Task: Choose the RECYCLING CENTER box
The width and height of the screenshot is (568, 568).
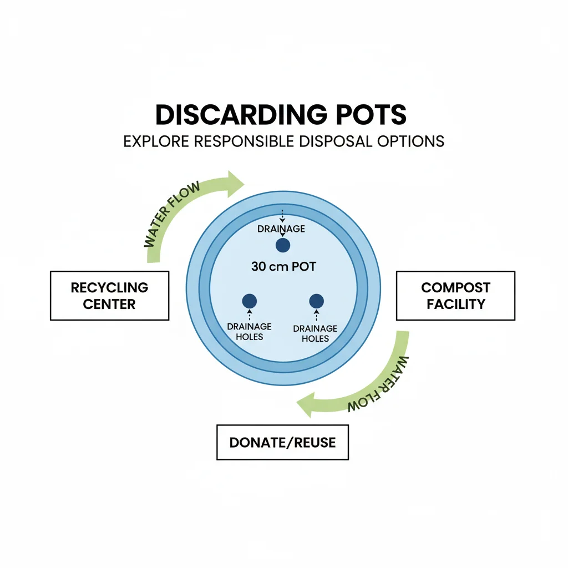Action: [109, 296]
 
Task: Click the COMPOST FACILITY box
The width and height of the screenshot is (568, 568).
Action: [455, 296]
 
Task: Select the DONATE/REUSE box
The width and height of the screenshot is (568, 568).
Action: [282, 442]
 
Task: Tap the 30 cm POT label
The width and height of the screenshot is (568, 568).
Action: [283, 267]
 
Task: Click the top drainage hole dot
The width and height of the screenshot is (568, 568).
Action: [283, 245]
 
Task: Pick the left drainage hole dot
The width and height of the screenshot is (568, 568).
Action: [250, 301]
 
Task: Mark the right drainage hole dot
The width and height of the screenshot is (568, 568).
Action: [316, 301]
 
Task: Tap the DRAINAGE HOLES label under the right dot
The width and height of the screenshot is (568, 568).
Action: [315, 333]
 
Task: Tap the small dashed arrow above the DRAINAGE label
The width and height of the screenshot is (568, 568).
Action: [283, 216]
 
